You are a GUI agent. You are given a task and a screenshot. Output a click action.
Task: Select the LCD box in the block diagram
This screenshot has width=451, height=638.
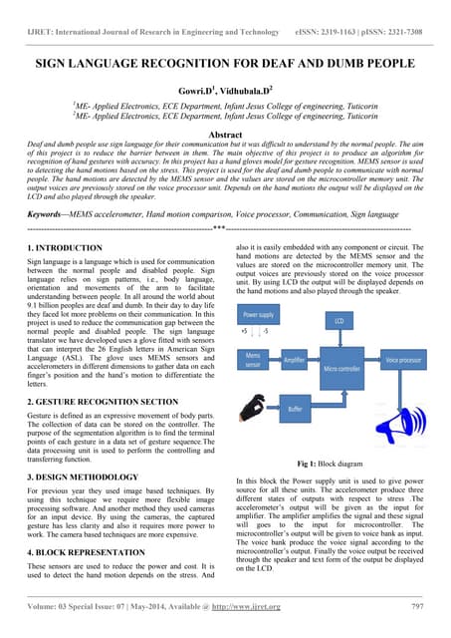point(338,321)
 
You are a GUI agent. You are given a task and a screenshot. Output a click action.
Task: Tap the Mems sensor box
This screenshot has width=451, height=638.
point(256,358)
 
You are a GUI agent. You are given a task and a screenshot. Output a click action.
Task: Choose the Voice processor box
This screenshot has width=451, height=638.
point(405,359)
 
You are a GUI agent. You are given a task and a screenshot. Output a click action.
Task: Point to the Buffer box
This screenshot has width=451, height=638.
point(295,409)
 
